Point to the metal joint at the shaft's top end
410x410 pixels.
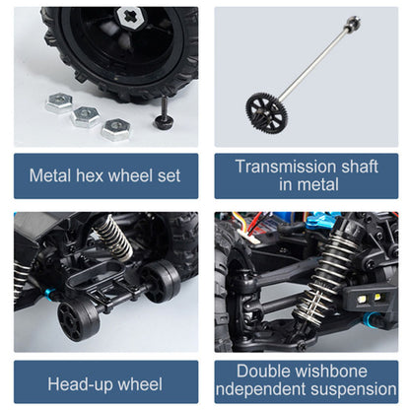[x=354, y=23]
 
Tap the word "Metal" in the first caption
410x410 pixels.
[x=50, y=175]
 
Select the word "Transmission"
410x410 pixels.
[x=286, y=167]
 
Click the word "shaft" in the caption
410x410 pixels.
[x=360, y=167]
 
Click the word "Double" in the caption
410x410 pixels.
[x=263, y=372]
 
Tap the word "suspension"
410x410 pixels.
[x=354, y=389]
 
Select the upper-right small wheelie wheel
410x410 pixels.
[x=161, y=280]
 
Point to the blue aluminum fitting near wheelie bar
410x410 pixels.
[x=51, y=292]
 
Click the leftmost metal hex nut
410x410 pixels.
[x=59, y=102]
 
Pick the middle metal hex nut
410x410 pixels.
[x=86, y=116]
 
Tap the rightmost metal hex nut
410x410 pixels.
[x=115, y=129]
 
